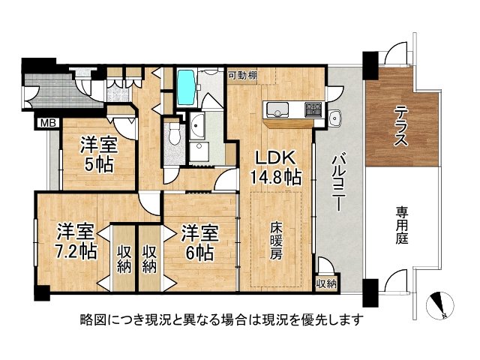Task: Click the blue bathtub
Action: pyautogui.click(x=186, y=88)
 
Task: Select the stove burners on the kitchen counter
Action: pyautogui.click(x=313, y=109)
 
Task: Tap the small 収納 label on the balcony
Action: pyautogui.click(x=326, y=283)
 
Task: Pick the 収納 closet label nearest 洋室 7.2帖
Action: pyautogui.click(x=124, y=257)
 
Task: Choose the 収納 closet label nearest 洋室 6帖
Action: pyautogui.click(x=149, y=257)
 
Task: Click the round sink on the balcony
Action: pyautogui.click(x=334, y=117)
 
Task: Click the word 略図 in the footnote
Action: pyautogui.click(x=93, y=319)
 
